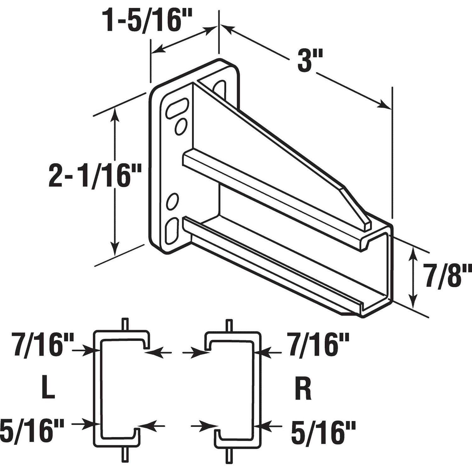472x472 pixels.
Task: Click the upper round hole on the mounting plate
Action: [x=181, y=126]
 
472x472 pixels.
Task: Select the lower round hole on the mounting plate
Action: [x=172, y=202]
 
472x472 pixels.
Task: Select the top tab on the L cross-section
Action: [x=125, y=324]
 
